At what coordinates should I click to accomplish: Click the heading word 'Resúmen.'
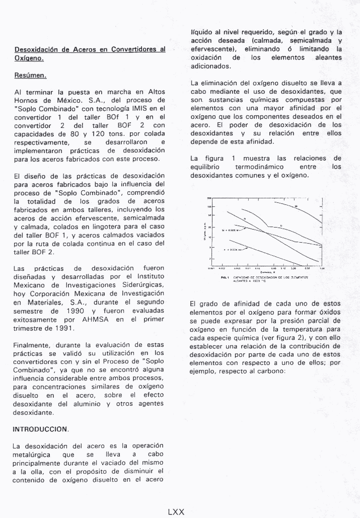tap(30, 76)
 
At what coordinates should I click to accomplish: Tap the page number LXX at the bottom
tap(176, 512)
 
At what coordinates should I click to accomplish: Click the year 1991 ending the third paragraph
tap(62, 328)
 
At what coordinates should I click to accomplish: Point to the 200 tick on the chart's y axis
tap(209, 198)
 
